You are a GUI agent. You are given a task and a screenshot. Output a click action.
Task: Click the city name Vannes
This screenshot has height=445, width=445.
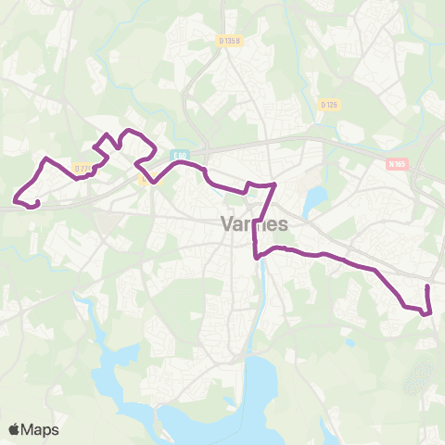[255, 224]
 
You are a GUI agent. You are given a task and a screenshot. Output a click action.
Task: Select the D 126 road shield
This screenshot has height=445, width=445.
[328, 105]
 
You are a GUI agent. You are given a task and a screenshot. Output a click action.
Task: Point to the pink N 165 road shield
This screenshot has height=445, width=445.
[397, 162]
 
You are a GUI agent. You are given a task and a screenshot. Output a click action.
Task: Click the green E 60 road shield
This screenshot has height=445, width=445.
[181, 156]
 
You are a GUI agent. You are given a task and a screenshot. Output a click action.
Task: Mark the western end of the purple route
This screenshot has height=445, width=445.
[16, 197]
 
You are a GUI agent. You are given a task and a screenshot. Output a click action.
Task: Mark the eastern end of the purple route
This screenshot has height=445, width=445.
[426, 288]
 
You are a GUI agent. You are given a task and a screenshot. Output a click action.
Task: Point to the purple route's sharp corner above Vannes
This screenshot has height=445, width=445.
[274, 185]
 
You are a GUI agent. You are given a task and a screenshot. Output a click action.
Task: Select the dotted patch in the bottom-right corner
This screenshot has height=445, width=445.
[419, 376]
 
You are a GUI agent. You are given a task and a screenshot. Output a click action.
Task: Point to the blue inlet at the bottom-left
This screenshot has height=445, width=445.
[116, 371]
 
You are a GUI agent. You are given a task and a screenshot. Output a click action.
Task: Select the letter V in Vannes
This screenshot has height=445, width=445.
[228, 224]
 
